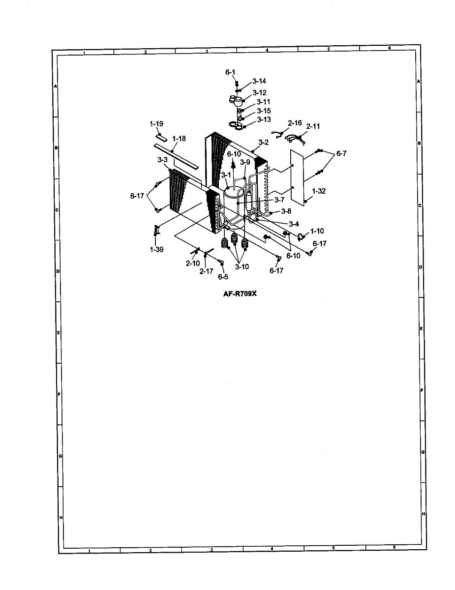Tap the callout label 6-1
[x=230, y=72]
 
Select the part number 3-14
[x=259, y=81]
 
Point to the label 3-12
[x=259, y=92]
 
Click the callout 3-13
[x=264, y=119]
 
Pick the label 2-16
[x=295, y=122]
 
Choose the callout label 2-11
[x=313, y=126]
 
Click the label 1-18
[x=179, y=139]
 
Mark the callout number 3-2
[x=263, y=143]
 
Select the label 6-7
[x=341, y=153]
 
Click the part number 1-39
[x=156, y=249]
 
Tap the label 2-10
[x=193, y=264]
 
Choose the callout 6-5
[x=223, y=277]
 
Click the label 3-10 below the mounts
[x=242, y=267]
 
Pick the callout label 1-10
[x=317, y=231]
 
